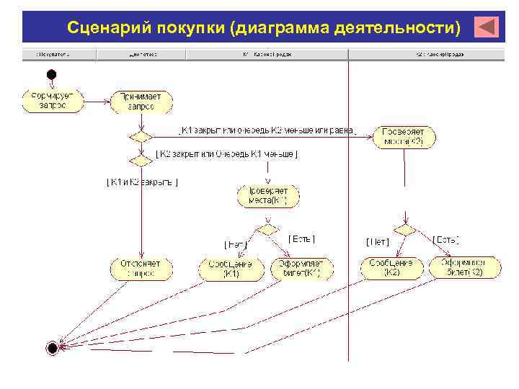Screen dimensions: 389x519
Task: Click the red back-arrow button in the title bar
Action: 487,27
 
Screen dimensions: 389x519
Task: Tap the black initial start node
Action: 50,73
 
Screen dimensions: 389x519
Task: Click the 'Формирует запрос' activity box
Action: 53,100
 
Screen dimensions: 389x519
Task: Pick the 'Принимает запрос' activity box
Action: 141,101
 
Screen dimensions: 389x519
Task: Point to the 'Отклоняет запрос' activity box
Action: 141,269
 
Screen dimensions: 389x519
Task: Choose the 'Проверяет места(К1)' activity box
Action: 268,195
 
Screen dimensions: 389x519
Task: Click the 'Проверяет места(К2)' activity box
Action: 404,137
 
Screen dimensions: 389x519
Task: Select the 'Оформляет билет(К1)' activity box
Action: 302,269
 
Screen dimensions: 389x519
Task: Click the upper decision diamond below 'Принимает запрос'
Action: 140,135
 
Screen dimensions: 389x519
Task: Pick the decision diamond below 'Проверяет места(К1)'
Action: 267,228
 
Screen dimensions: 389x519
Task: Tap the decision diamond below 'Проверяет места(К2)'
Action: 404,229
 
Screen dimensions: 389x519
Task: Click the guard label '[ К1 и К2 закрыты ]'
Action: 142,182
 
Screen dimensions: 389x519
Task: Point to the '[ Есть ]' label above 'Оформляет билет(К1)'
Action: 301,238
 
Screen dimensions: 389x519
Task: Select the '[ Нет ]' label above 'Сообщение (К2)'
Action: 378,241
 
